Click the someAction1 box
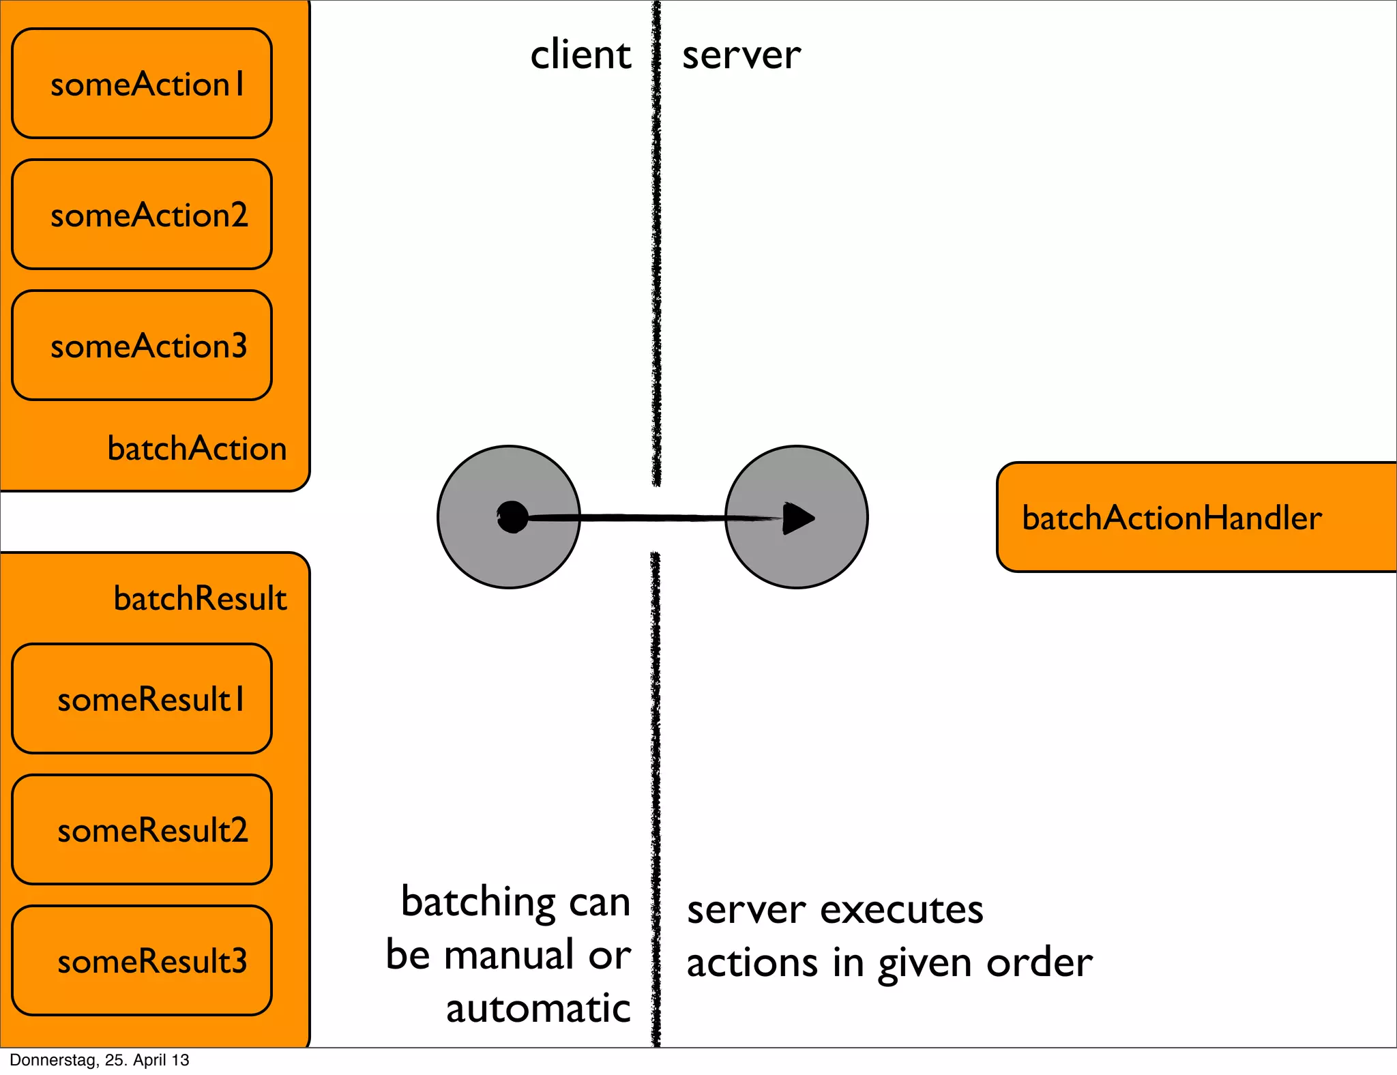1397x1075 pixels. (142, 84)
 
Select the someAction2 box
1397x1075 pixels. (142, 215)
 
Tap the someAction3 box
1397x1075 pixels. (142, 346)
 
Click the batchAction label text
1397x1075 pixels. (197, 449)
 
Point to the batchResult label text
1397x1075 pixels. (200, 598)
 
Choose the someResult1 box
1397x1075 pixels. (142, 699)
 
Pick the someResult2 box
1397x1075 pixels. (142, 830)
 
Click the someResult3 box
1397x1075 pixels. (142, 961)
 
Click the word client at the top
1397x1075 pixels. (580, 55)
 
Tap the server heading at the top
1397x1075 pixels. (741, 55)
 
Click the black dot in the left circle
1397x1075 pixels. (513, 517)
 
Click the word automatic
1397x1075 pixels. (538, 1008)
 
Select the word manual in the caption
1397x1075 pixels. (508, 954)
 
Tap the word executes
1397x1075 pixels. (902, 910)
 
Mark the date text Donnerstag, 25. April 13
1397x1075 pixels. (100, 1060)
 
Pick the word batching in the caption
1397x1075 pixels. (478, 902)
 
